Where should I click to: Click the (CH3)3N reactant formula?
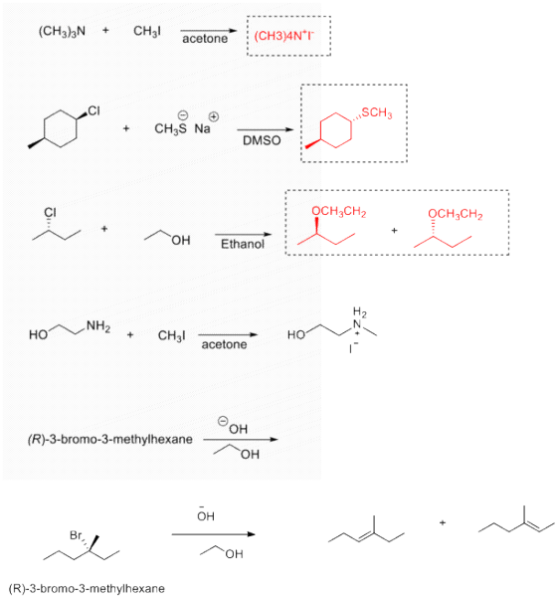[62, 32]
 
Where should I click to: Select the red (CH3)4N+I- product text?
[283, 36]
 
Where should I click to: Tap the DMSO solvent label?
[262, 140]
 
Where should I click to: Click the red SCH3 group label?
[376, 112]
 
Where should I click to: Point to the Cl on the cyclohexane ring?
[94, 111]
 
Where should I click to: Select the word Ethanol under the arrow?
[243, 244]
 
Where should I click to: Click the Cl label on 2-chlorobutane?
[50, 212]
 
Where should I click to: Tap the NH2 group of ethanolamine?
[98, 326]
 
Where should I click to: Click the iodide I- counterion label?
[353, 347]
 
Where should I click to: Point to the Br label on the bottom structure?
[76, 535]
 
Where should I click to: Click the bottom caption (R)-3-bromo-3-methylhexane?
[87, 588]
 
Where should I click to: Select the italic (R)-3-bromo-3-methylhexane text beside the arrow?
[110, 439]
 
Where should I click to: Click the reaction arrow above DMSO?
[266, 129]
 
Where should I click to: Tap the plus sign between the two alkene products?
[443, 522]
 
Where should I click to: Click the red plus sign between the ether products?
[395, 231]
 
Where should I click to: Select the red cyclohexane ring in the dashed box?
[336, 130]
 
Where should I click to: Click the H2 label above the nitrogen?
[360, 312]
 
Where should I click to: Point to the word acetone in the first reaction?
[205, 39]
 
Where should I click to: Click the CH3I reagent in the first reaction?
[147, 32]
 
